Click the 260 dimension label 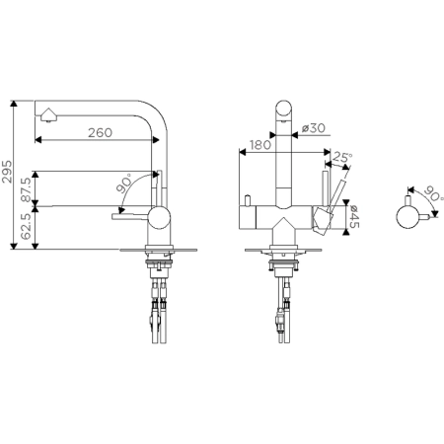(100, 132)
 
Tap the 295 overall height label (7, 172)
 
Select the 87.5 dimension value (26, 189)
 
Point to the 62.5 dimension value (26, 226)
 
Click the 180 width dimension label (260, 145)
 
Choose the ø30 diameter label (313, 128)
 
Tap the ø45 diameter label (354, 216)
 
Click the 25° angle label (342, 157)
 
